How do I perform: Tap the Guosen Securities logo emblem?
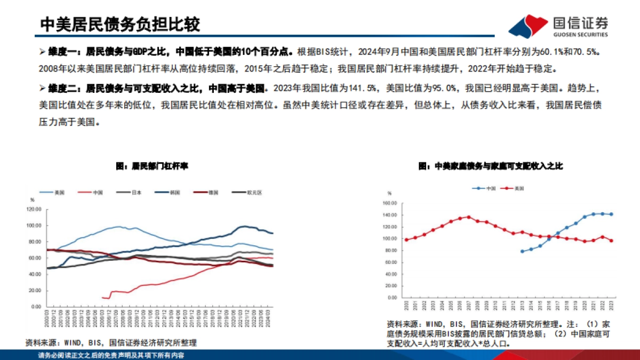tap(529, 26)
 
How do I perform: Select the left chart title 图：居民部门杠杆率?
tap(152, 166)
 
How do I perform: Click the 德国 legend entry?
tap(206, 192)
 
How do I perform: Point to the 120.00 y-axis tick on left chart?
tap(34, 209)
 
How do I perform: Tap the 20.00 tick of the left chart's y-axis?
tap(35, 291)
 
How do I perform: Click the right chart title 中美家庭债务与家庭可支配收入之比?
tap(491, 166)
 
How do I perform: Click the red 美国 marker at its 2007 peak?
tap(469, 217)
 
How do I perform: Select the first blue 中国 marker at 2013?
tap(522, 251)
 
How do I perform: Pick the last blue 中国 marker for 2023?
tap(611, 214)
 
